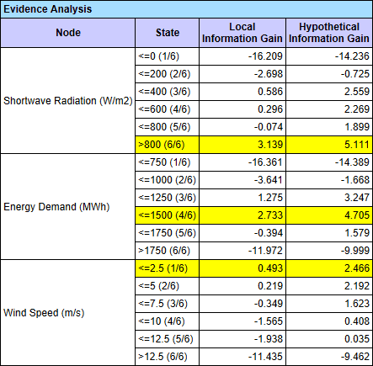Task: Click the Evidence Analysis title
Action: [47, 9]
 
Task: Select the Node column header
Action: [68, 33]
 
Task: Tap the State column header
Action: [168, 33]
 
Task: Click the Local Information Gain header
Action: [242, 33]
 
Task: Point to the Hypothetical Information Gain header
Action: [329, 33]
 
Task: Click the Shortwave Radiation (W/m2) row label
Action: [67, 101]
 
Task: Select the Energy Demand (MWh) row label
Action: [56, 207]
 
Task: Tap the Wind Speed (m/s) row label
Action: [44, 313]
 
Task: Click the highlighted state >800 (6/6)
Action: [162, 145]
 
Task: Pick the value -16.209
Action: [265, 56]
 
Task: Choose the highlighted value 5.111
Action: [357, 145]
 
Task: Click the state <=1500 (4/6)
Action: [167, 215]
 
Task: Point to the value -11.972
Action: [265, 251]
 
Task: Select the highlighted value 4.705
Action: [357, 215]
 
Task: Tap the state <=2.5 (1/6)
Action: [163, 268]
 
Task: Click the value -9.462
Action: [355, 357]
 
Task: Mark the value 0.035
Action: [357, 339]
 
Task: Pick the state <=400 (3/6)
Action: [164, 92]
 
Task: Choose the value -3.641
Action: [269, 180]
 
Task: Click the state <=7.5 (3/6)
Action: [163, 304]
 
